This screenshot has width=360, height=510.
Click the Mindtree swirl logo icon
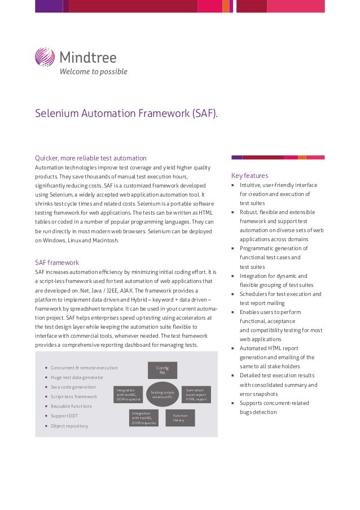[x=45, y=57]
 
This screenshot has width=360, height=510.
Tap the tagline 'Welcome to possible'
[x=94, y=72]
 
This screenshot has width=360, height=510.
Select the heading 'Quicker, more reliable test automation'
[x=91, y=158]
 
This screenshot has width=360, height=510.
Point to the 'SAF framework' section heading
[x=57, y=263]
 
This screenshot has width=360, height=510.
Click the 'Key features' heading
[x=249, y=176]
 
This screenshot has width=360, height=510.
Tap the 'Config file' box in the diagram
[x=163, y=370]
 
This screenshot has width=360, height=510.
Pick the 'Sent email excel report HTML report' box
[x=196, y=394]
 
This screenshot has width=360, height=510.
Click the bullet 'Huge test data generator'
[x=77, y=377]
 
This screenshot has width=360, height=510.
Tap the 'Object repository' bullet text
[x=69, y=426]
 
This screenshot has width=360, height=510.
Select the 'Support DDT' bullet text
[x=64, y=416]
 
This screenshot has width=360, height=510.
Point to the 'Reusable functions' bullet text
[x=71, y=406]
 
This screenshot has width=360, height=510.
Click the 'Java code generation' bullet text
[x=73, y=387]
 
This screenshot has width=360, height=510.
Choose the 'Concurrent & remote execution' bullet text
[x=84, y=368]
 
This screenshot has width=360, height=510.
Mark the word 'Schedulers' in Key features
[x=257, y=294]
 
